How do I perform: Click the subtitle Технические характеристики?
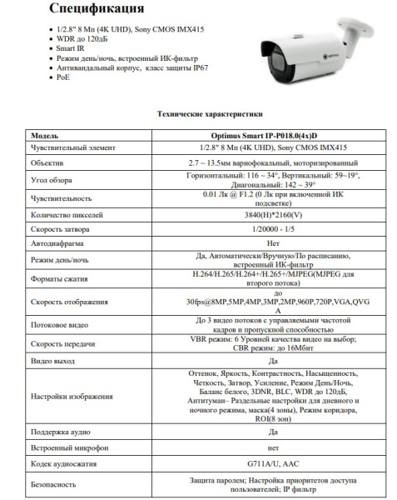(x=198, y=114)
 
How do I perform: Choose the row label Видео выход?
(x=53, y=362)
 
